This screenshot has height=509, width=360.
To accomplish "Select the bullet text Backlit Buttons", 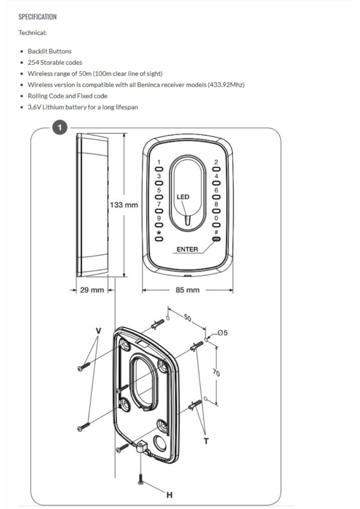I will click(x=49, y=52).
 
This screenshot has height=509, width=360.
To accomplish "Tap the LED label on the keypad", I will click(x=183, y=196).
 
